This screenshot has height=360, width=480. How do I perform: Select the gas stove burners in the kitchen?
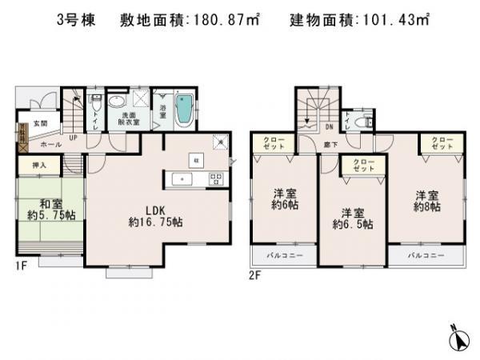click(x=214, y=178)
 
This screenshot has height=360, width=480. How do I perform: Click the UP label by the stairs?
click(x=73, y=138)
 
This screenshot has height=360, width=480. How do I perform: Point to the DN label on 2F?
click(x=329, y=126)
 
